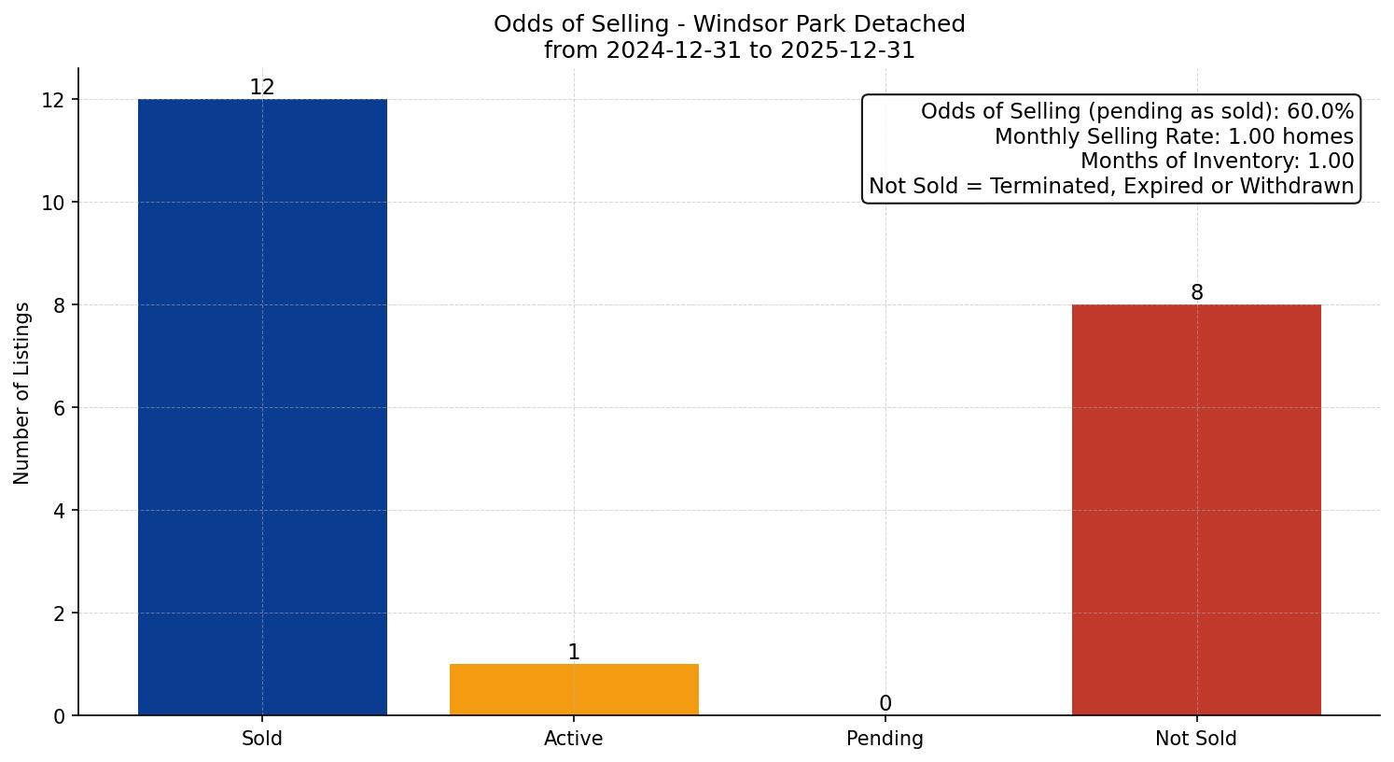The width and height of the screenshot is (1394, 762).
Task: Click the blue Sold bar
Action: click(x=262, y=407)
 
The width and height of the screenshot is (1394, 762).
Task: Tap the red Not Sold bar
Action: click(x=1196, y=510)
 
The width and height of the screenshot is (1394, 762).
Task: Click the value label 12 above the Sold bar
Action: click(x=262, y=88)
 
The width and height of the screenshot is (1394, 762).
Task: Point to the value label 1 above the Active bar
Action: click(x=574, y=653)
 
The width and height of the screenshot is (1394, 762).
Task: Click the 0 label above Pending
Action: click(x=885, y=704)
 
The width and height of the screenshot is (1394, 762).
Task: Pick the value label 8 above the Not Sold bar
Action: click(x=1196, y=293)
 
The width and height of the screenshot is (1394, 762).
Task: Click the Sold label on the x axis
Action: click(x=262, y=739)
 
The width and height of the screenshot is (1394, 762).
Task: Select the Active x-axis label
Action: click(x=574, y=739)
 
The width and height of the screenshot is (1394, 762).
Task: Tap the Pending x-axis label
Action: click(x=885, y=739)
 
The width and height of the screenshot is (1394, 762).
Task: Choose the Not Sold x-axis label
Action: click(x=1196, y=739)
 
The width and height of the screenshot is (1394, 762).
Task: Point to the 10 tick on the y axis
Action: click(x=53, y=203)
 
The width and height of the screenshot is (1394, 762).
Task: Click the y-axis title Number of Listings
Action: click(x=22, y=392)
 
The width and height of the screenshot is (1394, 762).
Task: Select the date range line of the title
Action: click(x=730, y=50)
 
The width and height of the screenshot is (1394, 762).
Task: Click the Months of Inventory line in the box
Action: click(x=1217, y=162)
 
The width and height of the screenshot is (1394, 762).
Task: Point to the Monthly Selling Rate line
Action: click(x=1174, y=137)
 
